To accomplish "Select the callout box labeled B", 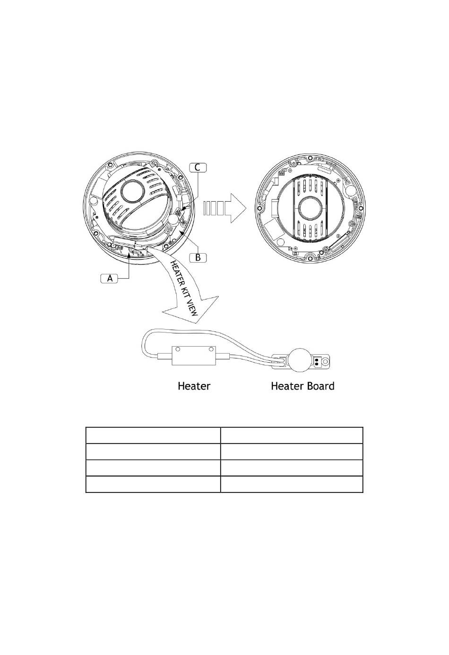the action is pos(198,258).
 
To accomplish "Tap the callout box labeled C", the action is pos(198,168).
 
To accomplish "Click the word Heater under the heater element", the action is pos(194,386).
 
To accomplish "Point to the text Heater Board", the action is pos(302,386).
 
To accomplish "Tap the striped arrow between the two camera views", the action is pos(224,208).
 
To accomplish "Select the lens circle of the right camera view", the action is pos(310,208).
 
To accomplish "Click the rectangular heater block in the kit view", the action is pos(194,355).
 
